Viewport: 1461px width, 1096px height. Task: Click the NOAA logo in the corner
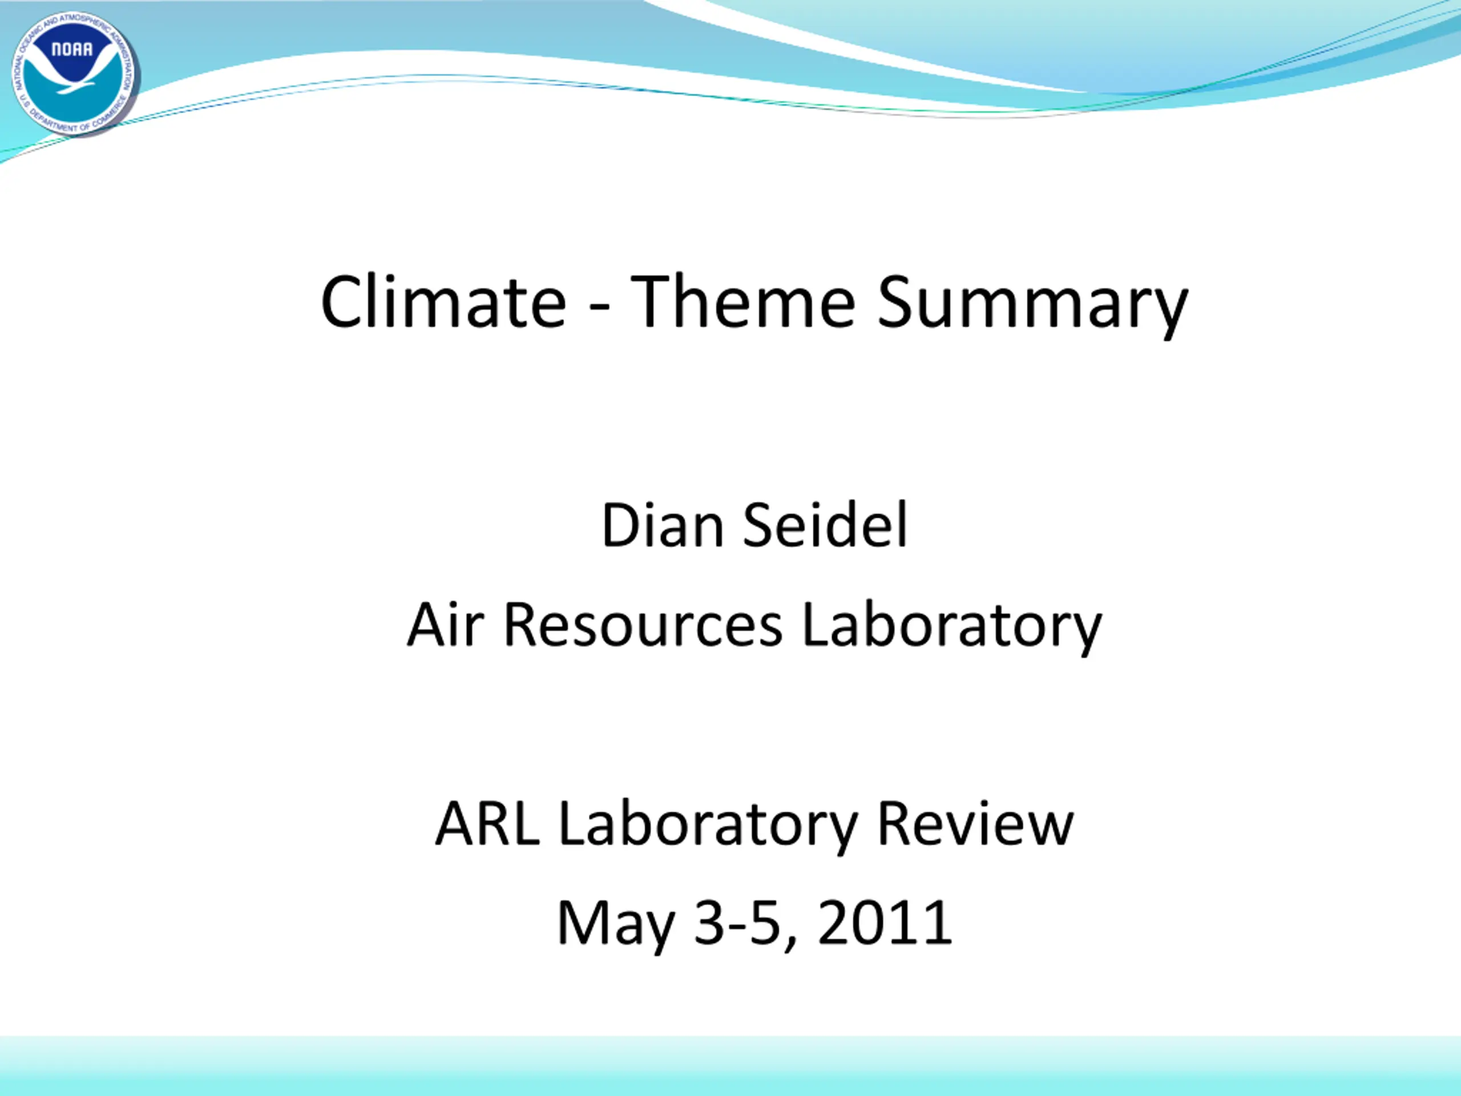[x=74, y=73]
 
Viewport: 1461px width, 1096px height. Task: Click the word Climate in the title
[x=444, y=301]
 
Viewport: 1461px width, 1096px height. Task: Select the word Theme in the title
[x=743, y=301]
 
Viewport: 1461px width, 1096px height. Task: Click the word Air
[x=446, y=624]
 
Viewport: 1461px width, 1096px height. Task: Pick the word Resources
[x=643, y=626]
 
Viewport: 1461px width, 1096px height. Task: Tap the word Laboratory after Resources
[x=952, y=629]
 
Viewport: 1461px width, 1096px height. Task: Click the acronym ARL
[x=487, y=823]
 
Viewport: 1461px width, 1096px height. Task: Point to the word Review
[x=975, y=823]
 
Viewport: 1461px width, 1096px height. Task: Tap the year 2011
[x=885, y=922]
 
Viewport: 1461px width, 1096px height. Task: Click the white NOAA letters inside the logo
[x=72, y=50]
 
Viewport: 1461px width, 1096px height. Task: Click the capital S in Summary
[x=895, y=301]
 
